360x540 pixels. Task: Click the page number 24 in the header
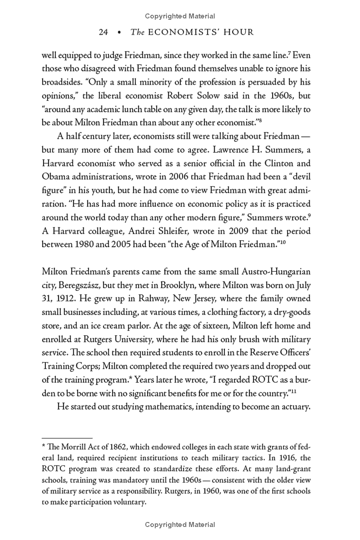coord(103,32)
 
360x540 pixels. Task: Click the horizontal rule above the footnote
coord(67,437)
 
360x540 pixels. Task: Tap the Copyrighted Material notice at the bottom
coord(180,524)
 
